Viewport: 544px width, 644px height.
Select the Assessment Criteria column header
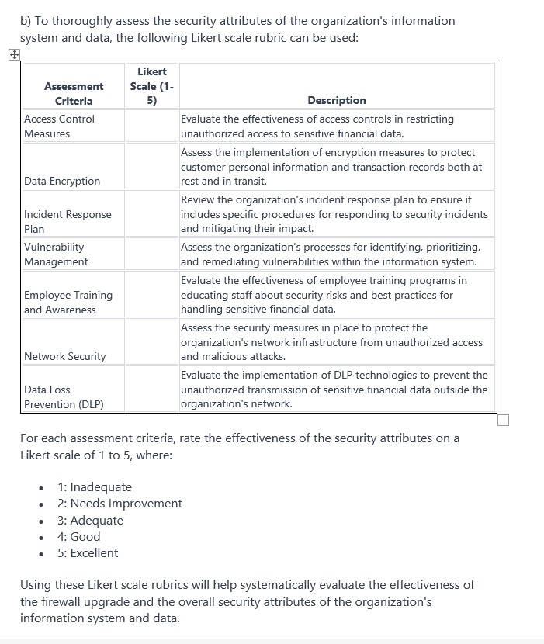pyautogui.click(x=74, y=93)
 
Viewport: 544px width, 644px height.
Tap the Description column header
pyautogui.click(x=336, y=100)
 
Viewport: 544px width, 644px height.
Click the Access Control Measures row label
pyautogui.click(x=59, y=126)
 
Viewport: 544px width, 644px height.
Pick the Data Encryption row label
pyautogui.click(x=62, y=181)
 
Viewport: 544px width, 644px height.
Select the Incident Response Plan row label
pyautogui.click(x=68, y=221)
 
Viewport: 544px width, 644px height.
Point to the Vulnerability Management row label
pyautogui.click(x=56, y=254)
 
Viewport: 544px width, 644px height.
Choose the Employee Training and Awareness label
pyautogui.click(x=68, y=302)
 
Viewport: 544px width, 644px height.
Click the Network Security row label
pyautogui.click(x=65, y=356)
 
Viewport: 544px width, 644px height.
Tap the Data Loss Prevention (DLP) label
pyautogui.click(x=64, y=396)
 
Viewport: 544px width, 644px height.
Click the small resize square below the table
pyautogui.click(x=504, y=421)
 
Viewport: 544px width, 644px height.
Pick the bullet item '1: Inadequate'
pyautogui.click(x=94, y=487)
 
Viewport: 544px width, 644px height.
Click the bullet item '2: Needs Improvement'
pyautogui.click(x=120, y=504)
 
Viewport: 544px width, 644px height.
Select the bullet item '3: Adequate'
pyautogui.click(x=90, y=520)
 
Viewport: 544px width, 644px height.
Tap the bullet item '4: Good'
pyautogui.click(x=78, y=536)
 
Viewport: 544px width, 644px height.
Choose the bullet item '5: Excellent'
pyautogui.click(x=88, y=552)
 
